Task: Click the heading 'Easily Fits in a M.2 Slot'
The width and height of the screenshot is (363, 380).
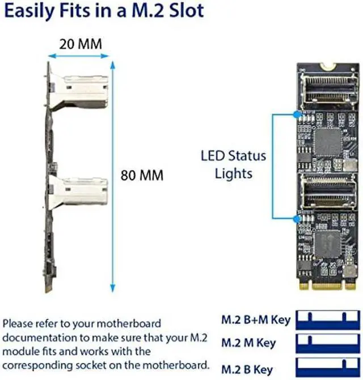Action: pos(104,12)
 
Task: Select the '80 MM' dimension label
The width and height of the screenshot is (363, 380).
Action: pos(142,176)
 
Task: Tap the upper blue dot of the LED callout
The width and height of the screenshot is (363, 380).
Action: pos(296,114)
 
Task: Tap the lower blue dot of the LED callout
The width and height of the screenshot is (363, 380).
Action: pos(296,218)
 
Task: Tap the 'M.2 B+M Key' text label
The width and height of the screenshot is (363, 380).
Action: pos(255,320)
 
